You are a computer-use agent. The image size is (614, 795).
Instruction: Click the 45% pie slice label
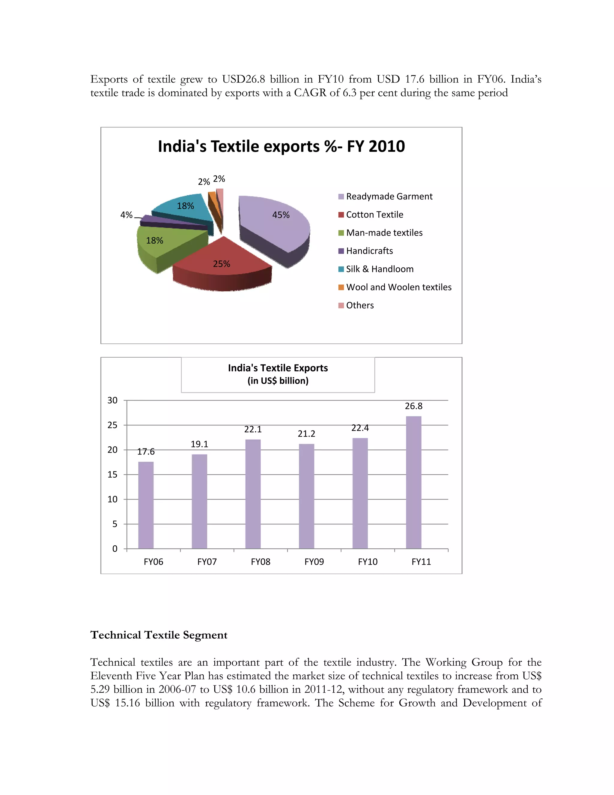point(281,215)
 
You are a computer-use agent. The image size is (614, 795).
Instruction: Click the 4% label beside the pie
point(126,215)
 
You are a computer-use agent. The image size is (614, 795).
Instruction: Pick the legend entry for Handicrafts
point(369,251)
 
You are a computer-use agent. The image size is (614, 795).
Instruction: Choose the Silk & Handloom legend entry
point(379,269)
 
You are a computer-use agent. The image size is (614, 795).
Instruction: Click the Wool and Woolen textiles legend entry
point(398,287)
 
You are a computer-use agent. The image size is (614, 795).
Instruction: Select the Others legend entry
point(359,305)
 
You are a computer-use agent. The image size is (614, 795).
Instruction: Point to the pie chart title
point(281,146)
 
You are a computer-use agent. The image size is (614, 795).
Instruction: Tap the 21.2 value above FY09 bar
point(306,434)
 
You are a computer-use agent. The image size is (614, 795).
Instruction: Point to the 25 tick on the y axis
point(112,425)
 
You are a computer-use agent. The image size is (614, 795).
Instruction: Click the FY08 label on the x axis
point(261,562)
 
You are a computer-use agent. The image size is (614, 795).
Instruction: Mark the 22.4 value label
point(360,428)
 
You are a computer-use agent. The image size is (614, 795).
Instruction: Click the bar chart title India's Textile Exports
point(278,368)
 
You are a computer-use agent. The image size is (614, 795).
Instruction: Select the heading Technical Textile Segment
point(159,635)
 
